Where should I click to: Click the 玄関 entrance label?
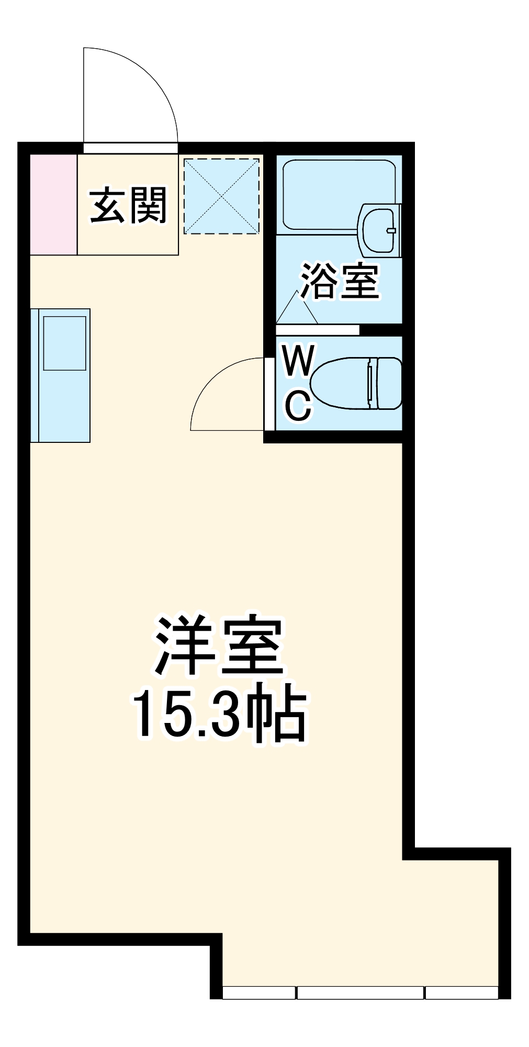(128, 205)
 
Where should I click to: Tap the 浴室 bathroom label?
(340, 281)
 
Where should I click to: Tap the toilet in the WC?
(356, 383)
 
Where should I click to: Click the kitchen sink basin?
(64, 343)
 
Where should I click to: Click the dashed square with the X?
(221, 196)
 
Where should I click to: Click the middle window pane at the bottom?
(360, 993)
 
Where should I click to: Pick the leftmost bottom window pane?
(258, 993)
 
